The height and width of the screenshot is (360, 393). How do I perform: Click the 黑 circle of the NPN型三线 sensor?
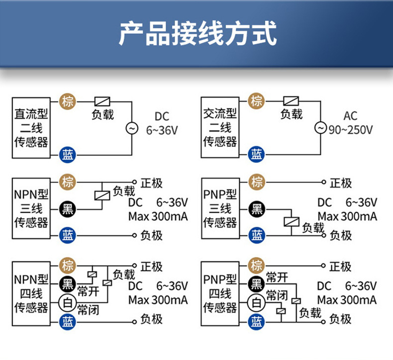click(x=67, y=209)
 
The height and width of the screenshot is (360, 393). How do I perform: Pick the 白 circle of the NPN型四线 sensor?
click(x=67, y=302)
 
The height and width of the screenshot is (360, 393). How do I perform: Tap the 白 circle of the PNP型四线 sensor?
click(x=257, y=302)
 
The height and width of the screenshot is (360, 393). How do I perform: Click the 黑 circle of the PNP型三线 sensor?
click(x=257, y=209)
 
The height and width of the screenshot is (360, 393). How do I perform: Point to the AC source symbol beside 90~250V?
click(x=321, y=128)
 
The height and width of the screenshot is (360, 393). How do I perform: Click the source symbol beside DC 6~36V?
click(x=132, y=128)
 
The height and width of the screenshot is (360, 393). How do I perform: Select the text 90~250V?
click(x=350, y=130)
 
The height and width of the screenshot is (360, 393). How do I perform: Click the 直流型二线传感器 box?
click(x=31, y=128)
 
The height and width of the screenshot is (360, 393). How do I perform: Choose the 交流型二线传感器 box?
click(x=220, y=128)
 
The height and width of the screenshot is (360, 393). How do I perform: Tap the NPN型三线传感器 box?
click(x=31, y=208)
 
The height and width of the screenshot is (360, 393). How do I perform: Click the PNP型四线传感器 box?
click(x=220, y=293)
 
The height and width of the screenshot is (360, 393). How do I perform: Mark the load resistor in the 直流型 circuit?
click(x=102, y=100)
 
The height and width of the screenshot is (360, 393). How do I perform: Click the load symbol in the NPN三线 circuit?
click(x=101, y=195)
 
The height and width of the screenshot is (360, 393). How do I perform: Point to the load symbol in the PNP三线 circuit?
click(x=291, y=222)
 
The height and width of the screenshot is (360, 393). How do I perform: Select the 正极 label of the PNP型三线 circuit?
click(x=341, y=183)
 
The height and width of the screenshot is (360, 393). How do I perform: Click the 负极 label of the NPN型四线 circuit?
click(x=151, y=319)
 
